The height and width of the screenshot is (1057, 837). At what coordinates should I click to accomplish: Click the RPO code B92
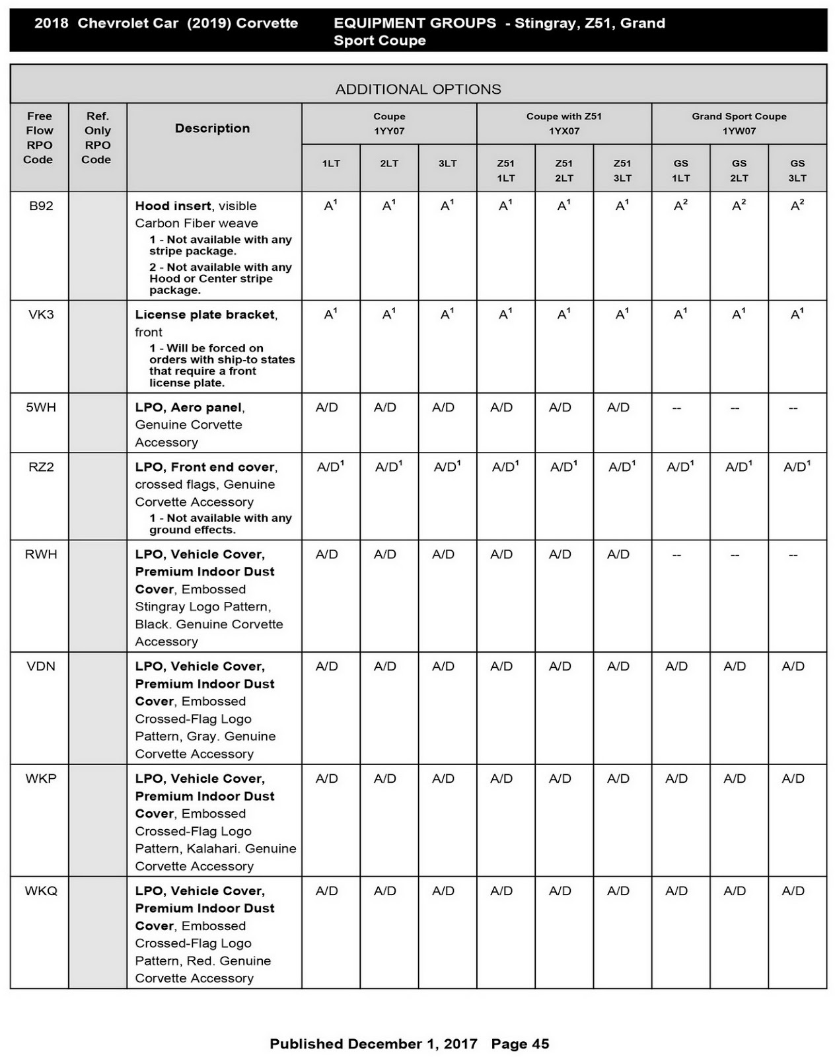(41, 206)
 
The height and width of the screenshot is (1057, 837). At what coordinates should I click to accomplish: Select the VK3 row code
(41, 314)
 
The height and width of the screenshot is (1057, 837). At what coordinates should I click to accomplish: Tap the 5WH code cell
(41, 408)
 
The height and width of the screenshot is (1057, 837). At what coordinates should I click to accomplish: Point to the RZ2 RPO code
(41, 467)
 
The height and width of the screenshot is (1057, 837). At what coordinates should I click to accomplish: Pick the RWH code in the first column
(41, 554)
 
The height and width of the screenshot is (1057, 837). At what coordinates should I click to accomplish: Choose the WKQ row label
(41, 891)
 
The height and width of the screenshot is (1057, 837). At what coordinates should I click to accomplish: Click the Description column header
(212, 128)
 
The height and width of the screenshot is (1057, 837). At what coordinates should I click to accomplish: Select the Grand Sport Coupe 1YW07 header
(739, 124)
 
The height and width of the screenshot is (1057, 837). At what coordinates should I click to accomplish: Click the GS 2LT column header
(739, 170)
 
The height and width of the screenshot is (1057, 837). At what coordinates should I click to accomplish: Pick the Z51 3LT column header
(622, 170)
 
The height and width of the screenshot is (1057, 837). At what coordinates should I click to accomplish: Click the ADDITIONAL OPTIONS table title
(418, 89)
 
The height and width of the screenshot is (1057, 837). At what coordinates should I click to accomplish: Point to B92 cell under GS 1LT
(680, 206)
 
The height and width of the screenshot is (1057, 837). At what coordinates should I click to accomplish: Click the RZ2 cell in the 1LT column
(330, 467)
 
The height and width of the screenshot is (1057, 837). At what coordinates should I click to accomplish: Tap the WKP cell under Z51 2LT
(560, 779)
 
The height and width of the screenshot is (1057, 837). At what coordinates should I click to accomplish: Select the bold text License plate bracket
(205, 314)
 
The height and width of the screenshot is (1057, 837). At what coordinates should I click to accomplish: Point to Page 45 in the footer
(520, 1044)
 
